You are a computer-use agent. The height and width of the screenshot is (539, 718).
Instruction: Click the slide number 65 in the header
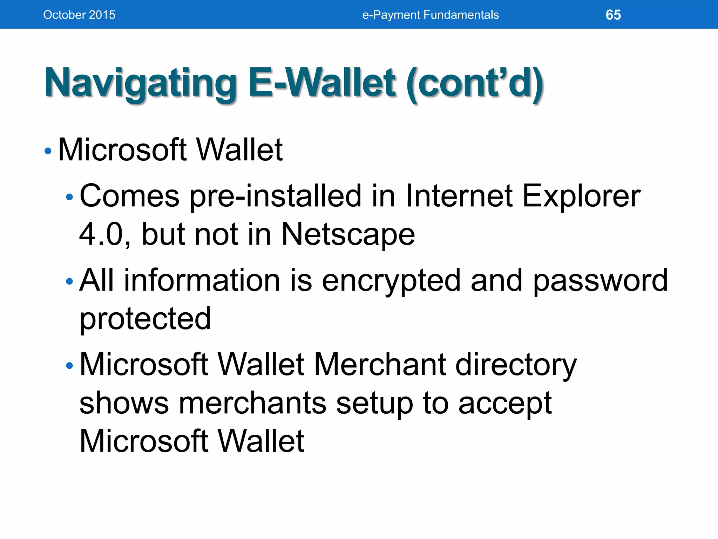coord(613,15)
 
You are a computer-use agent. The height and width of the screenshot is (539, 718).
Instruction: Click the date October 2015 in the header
coord(79,15)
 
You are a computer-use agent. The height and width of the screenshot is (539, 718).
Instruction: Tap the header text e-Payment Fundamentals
coord(430,15)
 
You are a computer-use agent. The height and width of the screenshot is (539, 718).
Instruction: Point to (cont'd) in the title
coord(475,83)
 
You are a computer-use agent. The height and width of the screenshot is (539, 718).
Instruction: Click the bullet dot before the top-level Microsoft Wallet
coord(48,151)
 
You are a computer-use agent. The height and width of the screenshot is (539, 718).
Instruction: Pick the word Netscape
coord(348,234)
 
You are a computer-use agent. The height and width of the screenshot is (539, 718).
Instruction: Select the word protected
coord(145,318)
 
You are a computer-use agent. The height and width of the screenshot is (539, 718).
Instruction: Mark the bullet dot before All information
coord(69,281)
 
